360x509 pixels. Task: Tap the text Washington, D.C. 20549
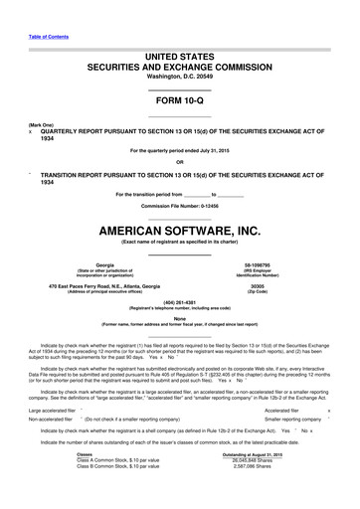point(179,76)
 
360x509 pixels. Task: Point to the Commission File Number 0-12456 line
point(179,206)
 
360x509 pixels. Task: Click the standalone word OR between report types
point(179,162)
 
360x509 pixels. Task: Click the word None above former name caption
point(179,318)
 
